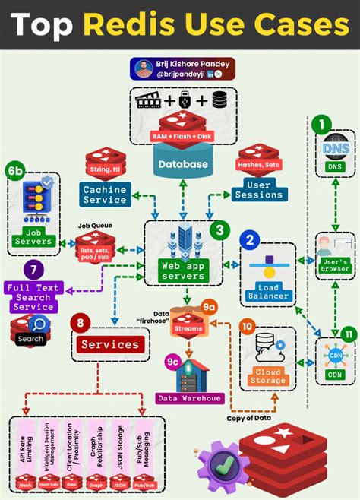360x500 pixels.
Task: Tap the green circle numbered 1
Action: click(x=324, y=125)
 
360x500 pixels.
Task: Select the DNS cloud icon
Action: click(x=335, y=147)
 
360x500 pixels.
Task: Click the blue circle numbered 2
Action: click(x=249, y=241)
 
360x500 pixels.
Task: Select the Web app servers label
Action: click(x=182, y=271)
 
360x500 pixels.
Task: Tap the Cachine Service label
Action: click(x=105, y=195)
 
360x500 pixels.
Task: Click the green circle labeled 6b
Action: click(x=15, y=171)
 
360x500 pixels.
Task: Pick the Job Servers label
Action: click(x=33, y=237)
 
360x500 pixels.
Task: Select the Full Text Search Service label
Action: click(x=33, y=297)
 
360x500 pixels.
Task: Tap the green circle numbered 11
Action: click(x=347, y=334)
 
